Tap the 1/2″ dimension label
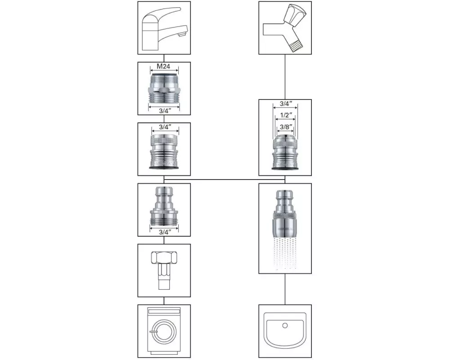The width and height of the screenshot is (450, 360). coord(284,116)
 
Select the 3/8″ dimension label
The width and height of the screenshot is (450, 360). coord(284,126)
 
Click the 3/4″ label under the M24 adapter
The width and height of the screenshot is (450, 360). coord(164,110)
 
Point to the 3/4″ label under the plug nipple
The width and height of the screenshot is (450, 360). coord(164,232)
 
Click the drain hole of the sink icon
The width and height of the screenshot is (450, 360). coord(284,324)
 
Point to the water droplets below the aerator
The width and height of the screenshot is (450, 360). coord(285,254)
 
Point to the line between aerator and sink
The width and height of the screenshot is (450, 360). coord(285,289)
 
